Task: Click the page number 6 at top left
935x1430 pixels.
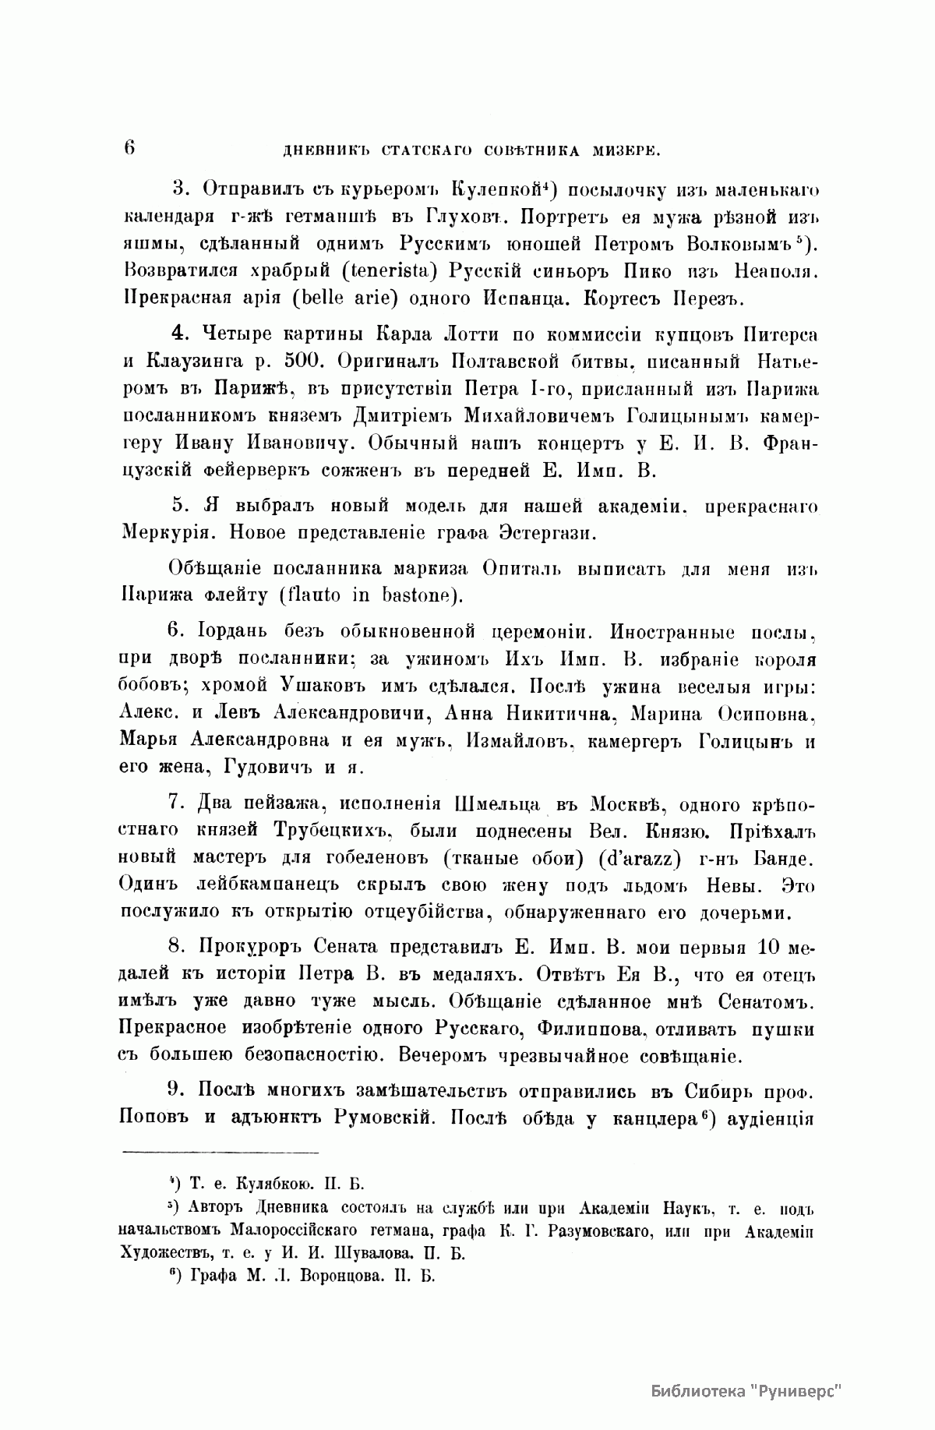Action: (129, 147)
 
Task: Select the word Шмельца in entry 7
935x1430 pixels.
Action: (506, 804)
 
